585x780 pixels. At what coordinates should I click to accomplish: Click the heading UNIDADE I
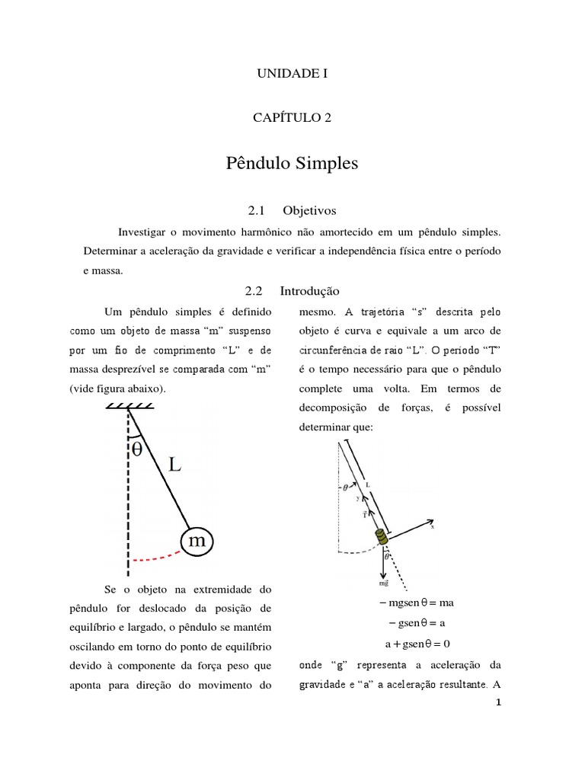coord(292,74)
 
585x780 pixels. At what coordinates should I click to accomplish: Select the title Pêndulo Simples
coord(292,164)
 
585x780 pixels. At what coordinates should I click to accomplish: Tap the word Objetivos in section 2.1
coord(309,209)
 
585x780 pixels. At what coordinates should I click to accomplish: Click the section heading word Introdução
coord(309,291)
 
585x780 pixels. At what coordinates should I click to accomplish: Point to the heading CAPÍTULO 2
coord(292,117)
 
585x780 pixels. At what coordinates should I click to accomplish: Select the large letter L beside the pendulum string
coord(174,465)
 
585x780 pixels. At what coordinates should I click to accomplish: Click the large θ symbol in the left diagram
coord(137,450)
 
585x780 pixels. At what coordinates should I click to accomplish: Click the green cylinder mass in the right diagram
coord(381,537)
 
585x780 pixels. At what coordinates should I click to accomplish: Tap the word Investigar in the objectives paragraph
coord(144,231)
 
